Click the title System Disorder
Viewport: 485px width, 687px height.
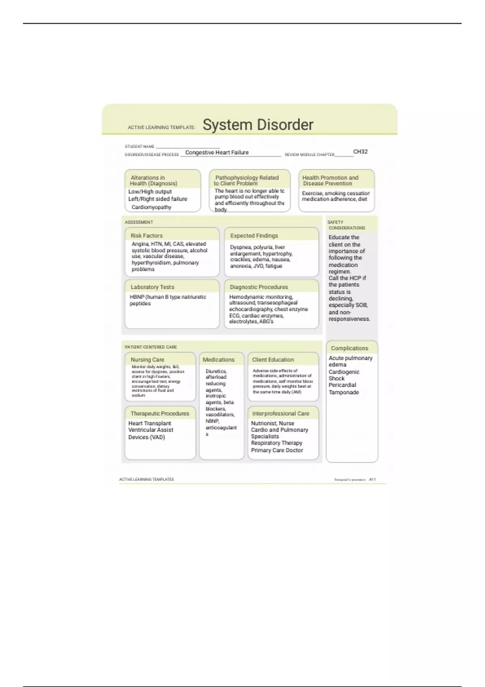pos(258,125)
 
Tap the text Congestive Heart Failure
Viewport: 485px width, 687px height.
pos(217,153)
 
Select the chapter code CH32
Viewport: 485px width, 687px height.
pos(360,152)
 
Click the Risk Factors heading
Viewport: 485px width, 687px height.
pos(146,236)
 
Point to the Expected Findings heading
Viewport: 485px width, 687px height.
pos(254,236)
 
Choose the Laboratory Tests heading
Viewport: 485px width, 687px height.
pos(152,287)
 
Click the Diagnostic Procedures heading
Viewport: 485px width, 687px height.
pos(259,287)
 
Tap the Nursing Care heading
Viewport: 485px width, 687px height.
pos(147,360)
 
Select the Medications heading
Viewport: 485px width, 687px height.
pos(218,360)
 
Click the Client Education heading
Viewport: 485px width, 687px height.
pos(273,360)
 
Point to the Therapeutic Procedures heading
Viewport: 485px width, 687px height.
pos(160,413)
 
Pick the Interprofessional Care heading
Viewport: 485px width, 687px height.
pos(280,413)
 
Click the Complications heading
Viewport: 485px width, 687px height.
pos(349,348)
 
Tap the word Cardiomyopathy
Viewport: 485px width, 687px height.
pos(151,207)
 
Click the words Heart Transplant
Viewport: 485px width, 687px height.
pos(150,424)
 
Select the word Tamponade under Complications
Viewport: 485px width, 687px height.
pos(344,392)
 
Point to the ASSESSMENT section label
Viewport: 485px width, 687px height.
pos(139,222)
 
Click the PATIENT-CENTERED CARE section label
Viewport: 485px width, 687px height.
pos(150,347)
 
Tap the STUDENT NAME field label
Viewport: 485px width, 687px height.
pos(139,147)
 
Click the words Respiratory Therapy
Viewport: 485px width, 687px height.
pos(276,443)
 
